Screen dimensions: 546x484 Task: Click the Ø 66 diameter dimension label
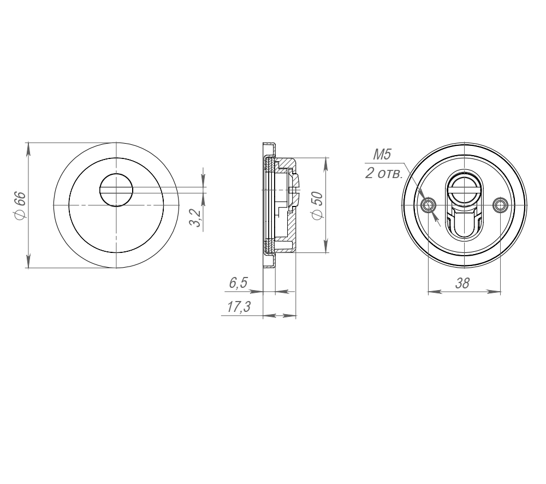tap(20, 205)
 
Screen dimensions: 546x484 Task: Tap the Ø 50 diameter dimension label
tap(318, 205)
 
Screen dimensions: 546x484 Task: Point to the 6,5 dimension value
tap(238, 282)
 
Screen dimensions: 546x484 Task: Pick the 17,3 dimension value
tap(239, 307)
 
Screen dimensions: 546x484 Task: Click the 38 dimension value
tap(462, 284)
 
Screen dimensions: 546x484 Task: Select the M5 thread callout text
tap(382, 155)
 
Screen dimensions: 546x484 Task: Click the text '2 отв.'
tap(383, 173)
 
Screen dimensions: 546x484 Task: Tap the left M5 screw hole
tap(428, 205)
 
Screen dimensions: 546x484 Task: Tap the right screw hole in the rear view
tap(501, 205)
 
